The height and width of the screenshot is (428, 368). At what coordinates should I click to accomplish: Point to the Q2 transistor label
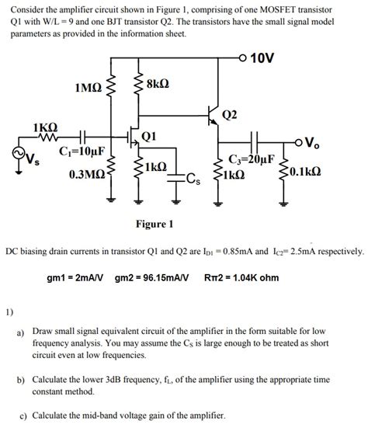point(230,115)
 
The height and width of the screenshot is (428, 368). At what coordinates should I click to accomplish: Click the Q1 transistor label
point(150,137)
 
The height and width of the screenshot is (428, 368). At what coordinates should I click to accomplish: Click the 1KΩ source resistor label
point(46,126)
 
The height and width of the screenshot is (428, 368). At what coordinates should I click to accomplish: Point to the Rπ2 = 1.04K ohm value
point(241,277)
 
